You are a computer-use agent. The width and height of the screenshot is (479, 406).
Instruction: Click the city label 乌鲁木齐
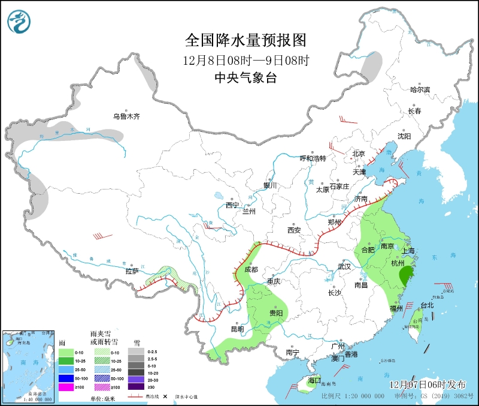pos(126,116)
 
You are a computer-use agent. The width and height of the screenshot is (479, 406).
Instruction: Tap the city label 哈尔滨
pos(420,89)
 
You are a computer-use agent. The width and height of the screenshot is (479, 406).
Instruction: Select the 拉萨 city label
pos(132,271)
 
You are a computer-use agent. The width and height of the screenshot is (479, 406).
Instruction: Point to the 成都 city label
pos(251,270)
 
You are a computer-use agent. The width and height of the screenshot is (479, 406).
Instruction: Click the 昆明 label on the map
pos(237,329)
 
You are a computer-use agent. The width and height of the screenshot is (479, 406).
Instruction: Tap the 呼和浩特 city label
pos(313,158)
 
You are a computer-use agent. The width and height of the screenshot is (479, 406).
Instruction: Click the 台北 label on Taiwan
pos(427,305)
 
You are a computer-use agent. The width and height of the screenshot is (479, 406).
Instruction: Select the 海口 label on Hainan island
pos(314,380)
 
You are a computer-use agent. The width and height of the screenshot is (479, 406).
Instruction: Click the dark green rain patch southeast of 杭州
pos(405,275)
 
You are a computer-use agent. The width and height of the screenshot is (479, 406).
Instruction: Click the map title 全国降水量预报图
pos(245,40)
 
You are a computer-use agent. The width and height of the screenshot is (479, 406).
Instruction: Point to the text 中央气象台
pos(245,78)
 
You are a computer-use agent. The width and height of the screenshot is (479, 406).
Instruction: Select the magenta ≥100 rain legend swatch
pos(65,387)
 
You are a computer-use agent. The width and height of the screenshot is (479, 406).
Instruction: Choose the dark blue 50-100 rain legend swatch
pos(65,378)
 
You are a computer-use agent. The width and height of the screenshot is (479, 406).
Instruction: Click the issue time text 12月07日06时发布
pos(431,383)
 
